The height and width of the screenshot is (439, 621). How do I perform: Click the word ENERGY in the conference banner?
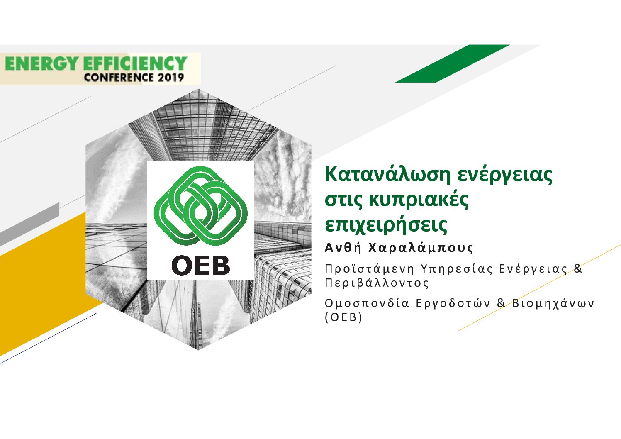41,63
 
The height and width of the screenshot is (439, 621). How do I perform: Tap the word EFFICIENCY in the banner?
135,63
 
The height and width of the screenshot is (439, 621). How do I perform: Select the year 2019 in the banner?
171,77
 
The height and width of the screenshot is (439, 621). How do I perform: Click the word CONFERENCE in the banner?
119,77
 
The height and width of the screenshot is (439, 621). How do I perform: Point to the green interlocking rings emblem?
200,206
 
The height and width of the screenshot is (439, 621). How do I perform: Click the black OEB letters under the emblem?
201,266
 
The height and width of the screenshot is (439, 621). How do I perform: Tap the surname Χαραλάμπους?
421,248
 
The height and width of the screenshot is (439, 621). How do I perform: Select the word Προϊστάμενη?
369,269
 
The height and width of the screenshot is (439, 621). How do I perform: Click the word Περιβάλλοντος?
377,283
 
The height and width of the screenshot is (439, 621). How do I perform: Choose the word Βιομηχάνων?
553,303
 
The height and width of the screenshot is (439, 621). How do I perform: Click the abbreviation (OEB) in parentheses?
343,317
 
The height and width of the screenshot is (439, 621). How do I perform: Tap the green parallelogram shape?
453,63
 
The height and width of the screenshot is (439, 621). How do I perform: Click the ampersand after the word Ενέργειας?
578,268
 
